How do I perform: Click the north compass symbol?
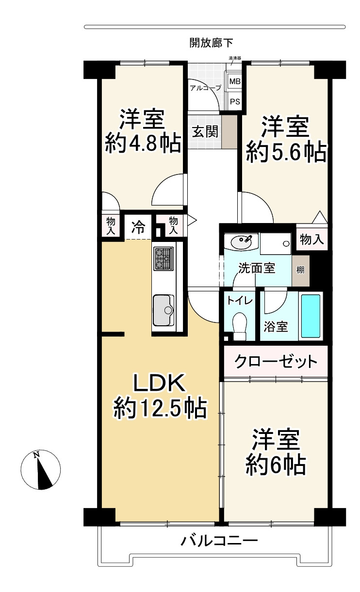coord(40,470)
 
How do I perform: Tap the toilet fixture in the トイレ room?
coord(239,326)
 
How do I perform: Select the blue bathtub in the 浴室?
coord(311,316)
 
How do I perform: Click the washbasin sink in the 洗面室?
coord(241,241)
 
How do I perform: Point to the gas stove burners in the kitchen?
coord(164,258)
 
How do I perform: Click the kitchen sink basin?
coord(164,310)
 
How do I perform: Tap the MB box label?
coord(235,81)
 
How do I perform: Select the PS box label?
coord(235,101)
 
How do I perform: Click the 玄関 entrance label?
coord(205,131)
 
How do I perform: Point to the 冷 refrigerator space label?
coord(138,227)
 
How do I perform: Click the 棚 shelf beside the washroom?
coord(300,270)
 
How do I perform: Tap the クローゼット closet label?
coord(276,362)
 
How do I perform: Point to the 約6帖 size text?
coord(276,465)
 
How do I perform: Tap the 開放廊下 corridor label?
coord(211,43)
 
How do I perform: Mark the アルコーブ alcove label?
coord(205,88)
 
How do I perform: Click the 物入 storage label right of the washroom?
coord(311,240)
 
